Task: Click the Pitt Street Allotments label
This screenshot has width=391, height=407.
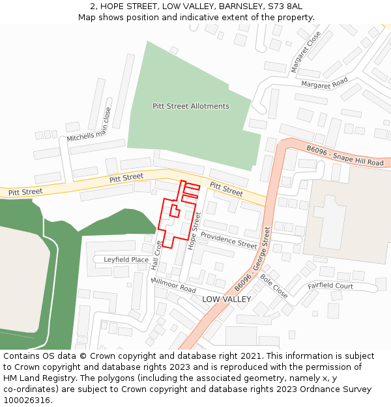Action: [191, 106]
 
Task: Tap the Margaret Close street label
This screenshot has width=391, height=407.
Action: [306, 51]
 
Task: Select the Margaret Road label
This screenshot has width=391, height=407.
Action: [324, 84]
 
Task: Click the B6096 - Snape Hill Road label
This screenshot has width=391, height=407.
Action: [345, 156]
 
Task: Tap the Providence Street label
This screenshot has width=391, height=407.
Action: [229, 240]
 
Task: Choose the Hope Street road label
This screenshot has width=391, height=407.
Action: [194, 231]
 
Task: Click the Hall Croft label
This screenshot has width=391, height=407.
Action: [156, 255]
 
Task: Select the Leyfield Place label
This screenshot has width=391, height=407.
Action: [126, 260]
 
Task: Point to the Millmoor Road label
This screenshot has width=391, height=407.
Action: [173, 285]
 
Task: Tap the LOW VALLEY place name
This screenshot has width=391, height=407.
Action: [226, 299]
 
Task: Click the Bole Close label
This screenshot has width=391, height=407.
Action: [274, 285]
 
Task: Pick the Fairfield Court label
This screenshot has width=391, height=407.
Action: [330, 286]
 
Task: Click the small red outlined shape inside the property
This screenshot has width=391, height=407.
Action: [175, 210]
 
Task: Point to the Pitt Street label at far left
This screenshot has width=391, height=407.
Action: [25, 191]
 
